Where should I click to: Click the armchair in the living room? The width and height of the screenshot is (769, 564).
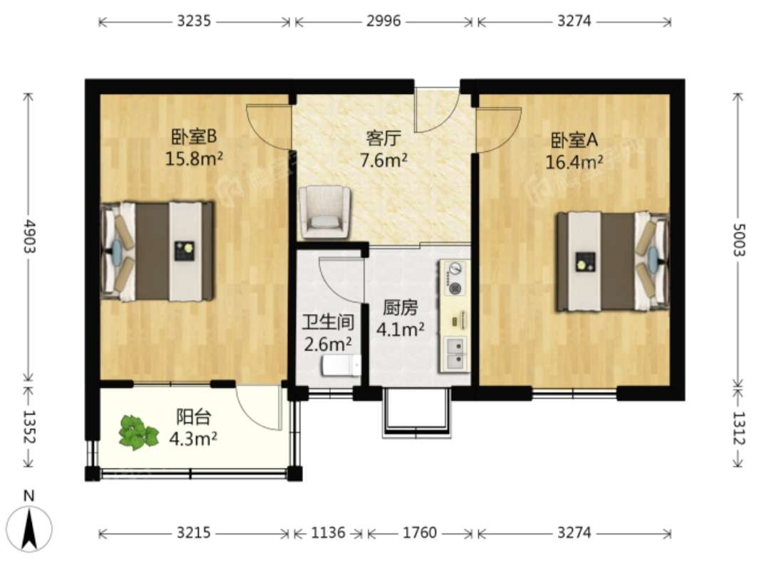[325, 213]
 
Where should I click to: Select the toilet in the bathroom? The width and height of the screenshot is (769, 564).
[341, 365]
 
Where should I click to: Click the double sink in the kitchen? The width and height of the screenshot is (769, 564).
[455, 352]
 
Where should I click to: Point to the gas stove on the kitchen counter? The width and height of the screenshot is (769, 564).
[455, 278]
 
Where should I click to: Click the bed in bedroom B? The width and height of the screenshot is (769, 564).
[158, 251]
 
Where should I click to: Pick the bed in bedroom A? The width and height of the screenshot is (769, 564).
[612, 261]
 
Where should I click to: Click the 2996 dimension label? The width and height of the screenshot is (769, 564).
[383, 21]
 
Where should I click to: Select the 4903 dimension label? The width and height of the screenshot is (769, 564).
[29, 236]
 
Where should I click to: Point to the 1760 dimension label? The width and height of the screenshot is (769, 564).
[419, 532]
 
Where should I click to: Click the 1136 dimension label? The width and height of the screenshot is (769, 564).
[328, 532]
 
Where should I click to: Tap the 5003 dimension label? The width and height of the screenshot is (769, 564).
[738, 239]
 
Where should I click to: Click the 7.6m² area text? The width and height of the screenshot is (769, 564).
[383, 160]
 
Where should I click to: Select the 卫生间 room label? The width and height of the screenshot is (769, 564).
[328, 322]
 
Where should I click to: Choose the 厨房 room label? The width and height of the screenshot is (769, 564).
[401, 308]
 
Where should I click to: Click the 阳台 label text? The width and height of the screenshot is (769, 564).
[193, 417]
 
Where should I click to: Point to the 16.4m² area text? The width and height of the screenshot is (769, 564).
[574, 162]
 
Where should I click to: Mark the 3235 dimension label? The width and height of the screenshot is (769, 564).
[194, 21]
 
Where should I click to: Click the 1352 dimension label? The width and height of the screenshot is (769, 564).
[29, 427]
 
